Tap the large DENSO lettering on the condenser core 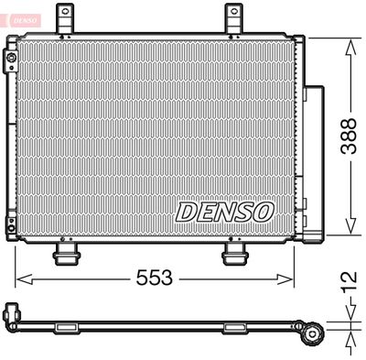[x=224, y=212]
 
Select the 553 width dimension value [x=155, y=278]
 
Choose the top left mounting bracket [x=65, y=18]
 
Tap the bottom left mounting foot [x=65, y=253]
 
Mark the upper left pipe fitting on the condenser [x=11, y=62]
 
